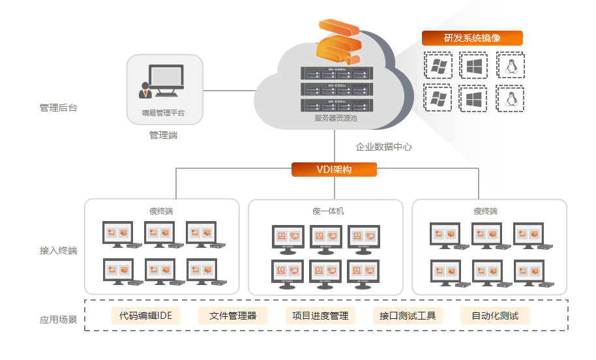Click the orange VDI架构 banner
(x=334, y=170)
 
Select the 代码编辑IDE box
(x=145, y=316)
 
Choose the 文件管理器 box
(x=233, y=316)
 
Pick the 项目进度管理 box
(x=320, y=316)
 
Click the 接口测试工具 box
(x=408, y=316)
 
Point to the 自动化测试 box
(x=495, y=316)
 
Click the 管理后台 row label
(x=59, y=108)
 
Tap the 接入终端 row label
(x=59, y=250)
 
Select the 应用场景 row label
(x=59, y=320)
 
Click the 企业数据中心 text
(x=383, y=147)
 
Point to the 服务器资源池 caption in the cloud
(x=336, y=118)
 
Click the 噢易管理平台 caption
(x=164, y=113)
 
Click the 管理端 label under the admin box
(x=163, y=135)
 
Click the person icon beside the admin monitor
(x=144, y=90)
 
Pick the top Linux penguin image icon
(x=511, y=66)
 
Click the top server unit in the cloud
(x=335, y=72)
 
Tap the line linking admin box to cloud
(x=228, y=90)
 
